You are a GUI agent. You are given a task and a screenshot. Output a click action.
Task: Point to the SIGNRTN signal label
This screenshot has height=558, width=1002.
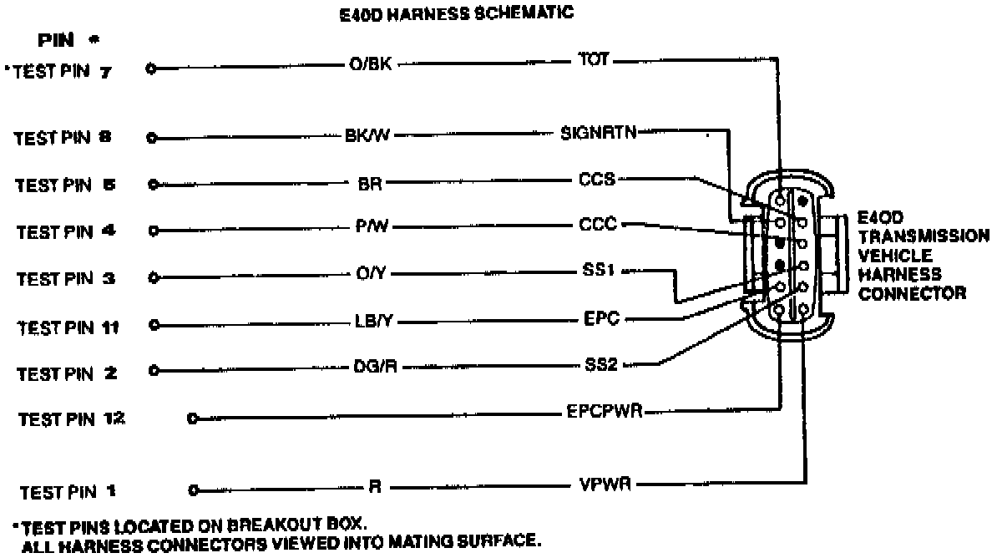tap(597, 133)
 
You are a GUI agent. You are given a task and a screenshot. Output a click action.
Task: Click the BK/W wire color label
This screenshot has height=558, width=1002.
tap(368, 137)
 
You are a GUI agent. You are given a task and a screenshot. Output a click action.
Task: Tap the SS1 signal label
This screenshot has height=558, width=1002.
tap(599, 271)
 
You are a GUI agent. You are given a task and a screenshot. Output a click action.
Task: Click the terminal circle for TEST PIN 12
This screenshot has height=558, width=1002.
tap(194, 418)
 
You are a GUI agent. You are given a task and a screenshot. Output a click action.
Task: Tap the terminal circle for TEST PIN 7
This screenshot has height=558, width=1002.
tap(151, 69)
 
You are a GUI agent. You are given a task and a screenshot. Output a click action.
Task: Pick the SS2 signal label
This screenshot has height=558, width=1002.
tap(600, 365)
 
